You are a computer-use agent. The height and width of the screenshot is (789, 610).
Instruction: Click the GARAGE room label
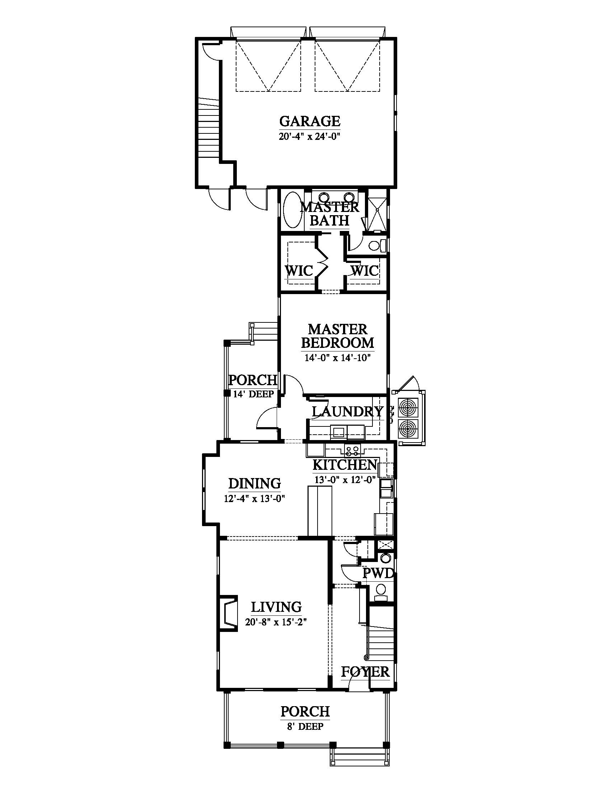(310, 121)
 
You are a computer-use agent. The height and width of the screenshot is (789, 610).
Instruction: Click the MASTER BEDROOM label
(338, 336)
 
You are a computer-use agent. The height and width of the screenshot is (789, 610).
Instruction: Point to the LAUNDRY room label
(347, 411)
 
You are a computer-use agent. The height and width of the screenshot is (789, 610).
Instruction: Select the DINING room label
(254, 483)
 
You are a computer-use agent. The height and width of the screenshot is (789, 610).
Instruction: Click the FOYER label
(365, 672)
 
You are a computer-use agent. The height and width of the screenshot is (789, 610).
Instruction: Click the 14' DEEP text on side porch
(253, 394)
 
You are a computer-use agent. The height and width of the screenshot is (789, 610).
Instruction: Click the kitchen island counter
(319, 511)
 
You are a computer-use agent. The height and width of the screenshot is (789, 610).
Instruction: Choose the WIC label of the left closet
(299, 270)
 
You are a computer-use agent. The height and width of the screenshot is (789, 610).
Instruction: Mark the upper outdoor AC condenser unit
(408, 408)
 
